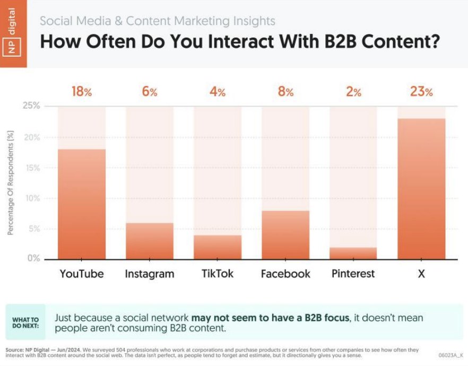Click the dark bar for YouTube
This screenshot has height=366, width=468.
[x=82, y=204]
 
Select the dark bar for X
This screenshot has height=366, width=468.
[x=421, y=189]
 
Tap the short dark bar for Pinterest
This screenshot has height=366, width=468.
[x=353, y=254]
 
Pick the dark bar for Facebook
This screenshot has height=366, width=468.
[x=285, y=235]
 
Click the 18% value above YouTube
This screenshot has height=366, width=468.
[x=82, y=92]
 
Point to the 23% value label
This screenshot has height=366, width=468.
[x=421, y=92]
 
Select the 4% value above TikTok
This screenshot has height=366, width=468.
[x=218, y=92]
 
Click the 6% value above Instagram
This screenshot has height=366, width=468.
[x=150, y=92]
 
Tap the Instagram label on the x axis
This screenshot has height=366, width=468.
[x=150, y=274]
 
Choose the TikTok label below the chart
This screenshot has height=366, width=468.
[x=218, y=274]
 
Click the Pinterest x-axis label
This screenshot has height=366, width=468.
[x=353, y=274]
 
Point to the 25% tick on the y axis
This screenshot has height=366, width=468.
[x=31, y=106]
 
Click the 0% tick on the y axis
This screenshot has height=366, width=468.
[x=33, y=259]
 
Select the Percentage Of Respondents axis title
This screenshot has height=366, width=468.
[x=11, y=184]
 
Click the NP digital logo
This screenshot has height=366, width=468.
[x=13, y=33]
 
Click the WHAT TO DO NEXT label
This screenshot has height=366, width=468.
[x=25, y=323]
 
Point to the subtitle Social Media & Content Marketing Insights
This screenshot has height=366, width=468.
[x=158, y=21]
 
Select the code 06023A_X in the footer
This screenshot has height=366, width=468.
[x=450, y=355]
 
